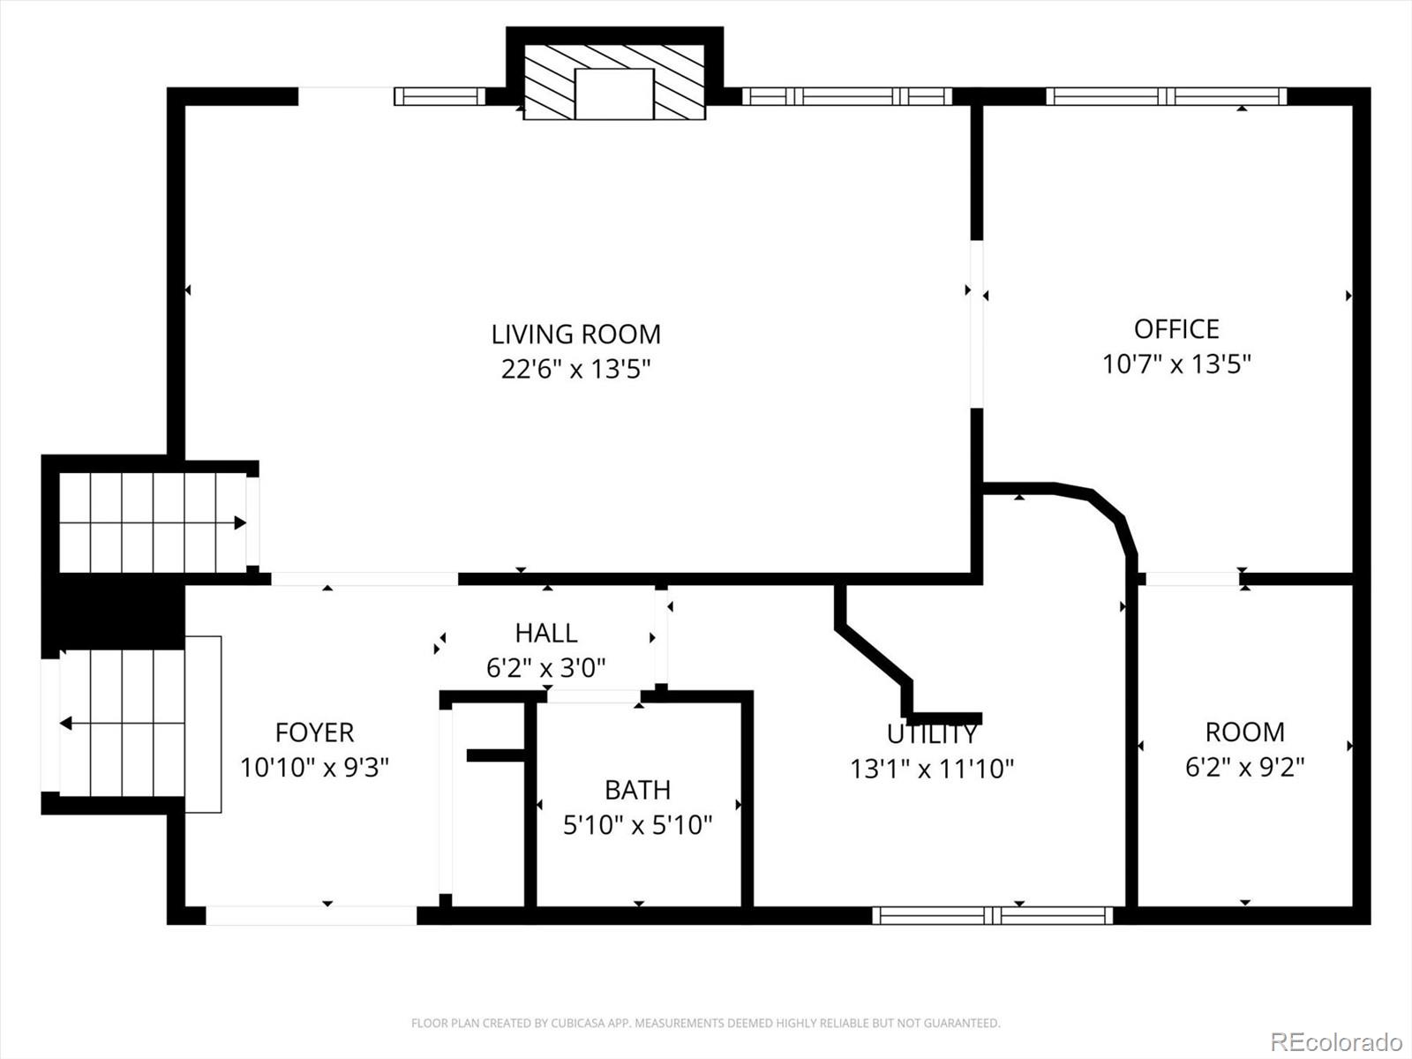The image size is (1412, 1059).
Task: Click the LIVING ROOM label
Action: [575, 334]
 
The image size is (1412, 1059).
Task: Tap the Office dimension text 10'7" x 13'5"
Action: [1176, 364]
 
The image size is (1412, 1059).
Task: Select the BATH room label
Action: [637, 789]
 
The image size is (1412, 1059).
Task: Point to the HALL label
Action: [546, 633]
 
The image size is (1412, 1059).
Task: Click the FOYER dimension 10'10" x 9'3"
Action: [314, 767]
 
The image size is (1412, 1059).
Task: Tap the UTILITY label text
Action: [932, 734]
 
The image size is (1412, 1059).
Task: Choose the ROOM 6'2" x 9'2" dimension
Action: [1244, 767]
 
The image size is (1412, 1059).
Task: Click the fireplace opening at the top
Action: [614, 94]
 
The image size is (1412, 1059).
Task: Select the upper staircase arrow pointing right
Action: [239, 522]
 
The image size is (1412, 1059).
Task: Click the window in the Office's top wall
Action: [1166, 96]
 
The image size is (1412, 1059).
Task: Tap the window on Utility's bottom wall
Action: [993, 915]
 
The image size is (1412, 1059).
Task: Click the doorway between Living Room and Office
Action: [976, 324]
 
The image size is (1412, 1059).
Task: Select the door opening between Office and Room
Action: [1191, 579]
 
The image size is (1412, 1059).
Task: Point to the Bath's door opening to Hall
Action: [593, 696]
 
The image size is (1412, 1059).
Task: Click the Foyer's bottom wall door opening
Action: [311, 915]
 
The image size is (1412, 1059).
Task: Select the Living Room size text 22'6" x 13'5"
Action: [575, 369]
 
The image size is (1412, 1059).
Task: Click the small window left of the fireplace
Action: [439, 96]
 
